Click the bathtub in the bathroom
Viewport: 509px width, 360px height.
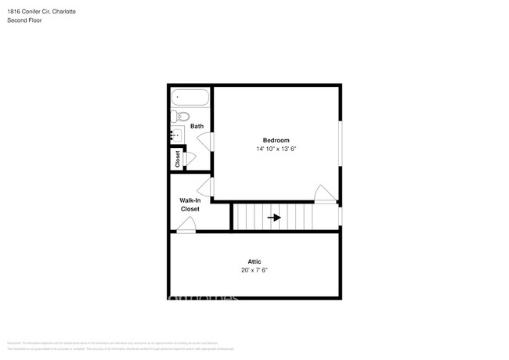190,99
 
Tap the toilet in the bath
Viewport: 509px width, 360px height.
181,117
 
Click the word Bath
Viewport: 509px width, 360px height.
197,126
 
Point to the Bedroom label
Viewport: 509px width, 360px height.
276,140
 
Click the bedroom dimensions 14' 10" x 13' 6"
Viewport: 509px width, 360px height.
276,149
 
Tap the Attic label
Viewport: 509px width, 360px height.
254,261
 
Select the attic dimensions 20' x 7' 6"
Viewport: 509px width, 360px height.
254,270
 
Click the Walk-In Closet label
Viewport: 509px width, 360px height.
190,205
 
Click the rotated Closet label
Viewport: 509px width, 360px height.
177,159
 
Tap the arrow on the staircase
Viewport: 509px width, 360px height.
274,218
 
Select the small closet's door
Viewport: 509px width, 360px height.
189,157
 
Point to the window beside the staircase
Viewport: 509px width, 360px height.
341,215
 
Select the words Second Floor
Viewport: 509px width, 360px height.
25,20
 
